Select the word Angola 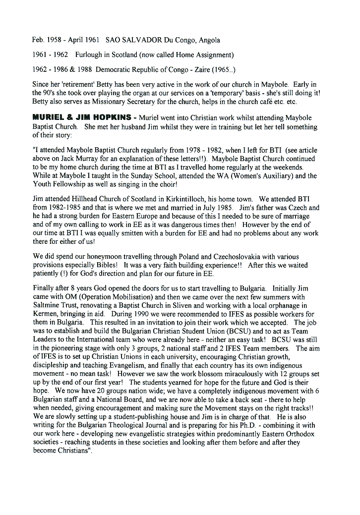tap(208, 40)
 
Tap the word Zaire tap(210, 69)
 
